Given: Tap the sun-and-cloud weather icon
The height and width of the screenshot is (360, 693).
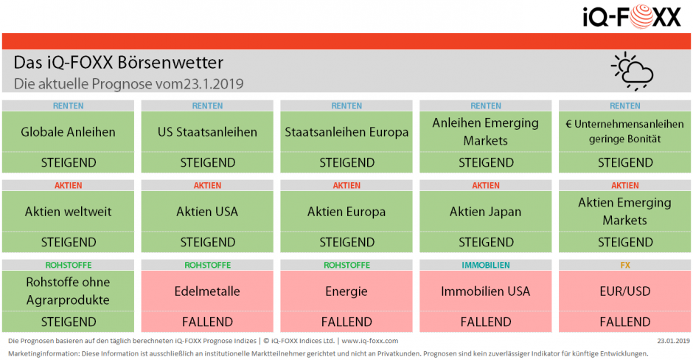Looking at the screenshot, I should (632, 71).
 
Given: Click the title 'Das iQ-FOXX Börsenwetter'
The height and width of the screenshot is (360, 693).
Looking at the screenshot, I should (118, 63).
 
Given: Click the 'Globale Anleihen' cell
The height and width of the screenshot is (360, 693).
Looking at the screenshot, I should (68, 132).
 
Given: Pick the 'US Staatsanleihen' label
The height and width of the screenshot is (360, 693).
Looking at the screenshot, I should (207, 132).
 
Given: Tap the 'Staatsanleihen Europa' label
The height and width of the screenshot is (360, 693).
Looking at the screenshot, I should (346, 132).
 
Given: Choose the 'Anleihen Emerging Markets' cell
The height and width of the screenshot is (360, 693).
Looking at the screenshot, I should (485, 131).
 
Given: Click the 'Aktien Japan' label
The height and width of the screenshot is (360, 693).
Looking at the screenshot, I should (485, 212).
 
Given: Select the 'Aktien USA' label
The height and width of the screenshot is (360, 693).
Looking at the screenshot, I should (207, 212).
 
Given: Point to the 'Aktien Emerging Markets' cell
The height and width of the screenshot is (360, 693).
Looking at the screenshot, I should (624, 211).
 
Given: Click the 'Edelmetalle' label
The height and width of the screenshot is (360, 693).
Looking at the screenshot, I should (207, 291).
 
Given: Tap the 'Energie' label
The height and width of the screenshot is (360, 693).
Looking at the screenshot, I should (346, 291).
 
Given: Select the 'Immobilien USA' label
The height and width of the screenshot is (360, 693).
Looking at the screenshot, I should (485, 291).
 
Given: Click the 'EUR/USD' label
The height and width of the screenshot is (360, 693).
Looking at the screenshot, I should (624, 291).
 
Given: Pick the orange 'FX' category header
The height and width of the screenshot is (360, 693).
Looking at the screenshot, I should (624, 265).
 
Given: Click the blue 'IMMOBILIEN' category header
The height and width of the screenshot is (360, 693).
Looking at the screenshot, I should (485, 265).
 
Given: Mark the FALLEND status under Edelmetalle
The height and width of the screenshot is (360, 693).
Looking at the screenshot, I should (207, 322).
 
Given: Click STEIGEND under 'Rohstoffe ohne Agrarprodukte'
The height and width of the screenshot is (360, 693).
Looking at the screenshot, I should (68, 322).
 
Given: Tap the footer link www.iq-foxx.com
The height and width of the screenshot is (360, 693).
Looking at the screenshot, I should (369, 341).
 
